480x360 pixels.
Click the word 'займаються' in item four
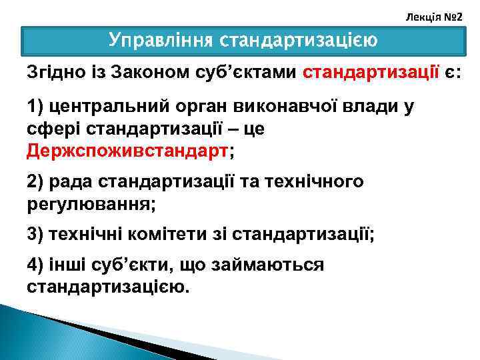point(267,265)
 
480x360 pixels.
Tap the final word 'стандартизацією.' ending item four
point(108,287)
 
